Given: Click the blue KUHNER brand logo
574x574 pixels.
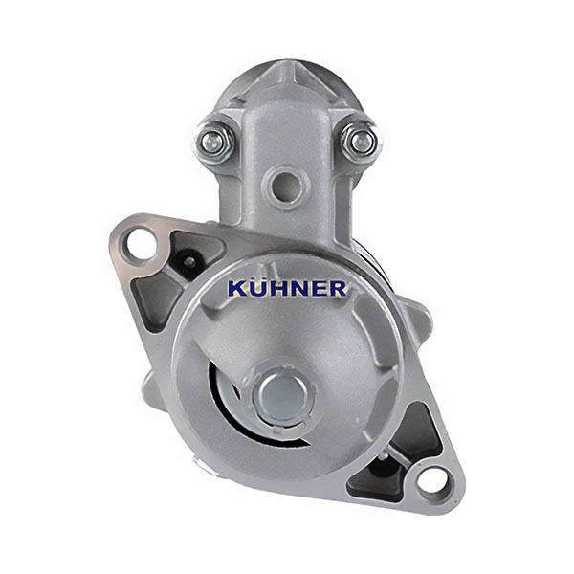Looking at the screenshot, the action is point(287,288).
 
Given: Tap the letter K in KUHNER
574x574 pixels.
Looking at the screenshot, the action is point(237,289).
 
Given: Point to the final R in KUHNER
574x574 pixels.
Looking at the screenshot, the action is point(337,289).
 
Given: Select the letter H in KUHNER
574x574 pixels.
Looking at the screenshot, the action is point(276,289).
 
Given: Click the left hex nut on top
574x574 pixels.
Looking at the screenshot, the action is point(212,140).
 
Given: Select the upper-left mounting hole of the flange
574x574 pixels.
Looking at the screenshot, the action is point(141,243).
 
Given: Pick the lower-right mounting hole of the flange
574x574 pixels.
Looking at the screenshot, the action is point(433,480).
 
